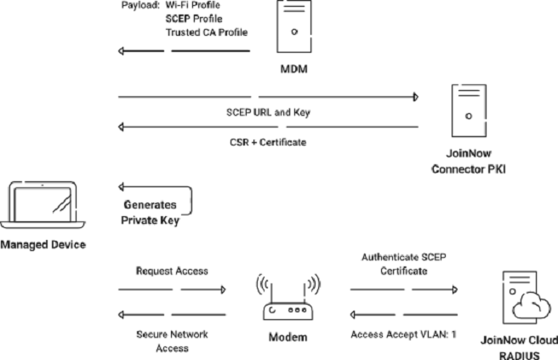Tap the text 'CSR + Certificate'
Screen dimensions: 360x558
pyautogui.click(x=267, y=142)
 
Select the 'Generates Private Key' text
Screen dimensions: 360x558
pyautogui.click(x=151, y=212)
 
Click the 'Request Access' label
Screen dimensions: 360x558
pyautogui.click(x=172, y=271)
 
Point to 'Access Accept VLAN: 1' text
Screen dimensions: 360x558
pyautogui.click(x=403, y=334)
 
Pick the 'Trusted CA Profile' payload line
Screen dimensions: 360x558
pyautogui.click(x=207, y=32)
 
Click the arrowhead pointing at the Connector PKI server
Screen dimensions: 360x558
pyautogui.click(x=415, y=97)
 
